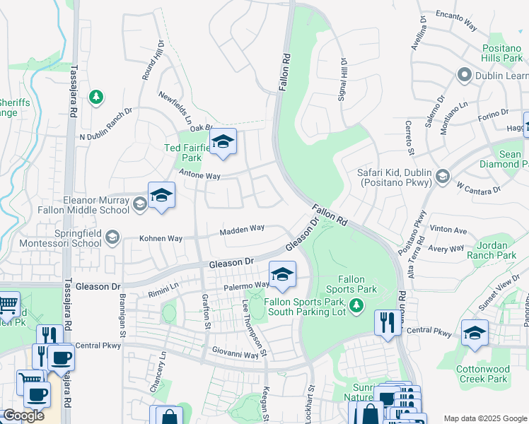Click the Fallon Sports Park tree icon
[357, 305]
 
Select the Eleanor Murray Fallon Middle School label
[96, 205]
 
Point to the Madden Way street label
[242, 229]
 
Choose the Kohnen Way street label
[161, 238]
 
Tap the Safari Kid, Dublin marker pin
[442, 176]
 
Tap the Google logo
[23, 415]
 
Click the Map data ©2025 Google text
[484, 418]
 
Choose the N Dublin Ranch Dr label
[106, 124]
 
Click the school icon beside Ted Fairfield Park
[223, 143]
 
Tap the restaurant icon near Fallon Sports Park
[385, 324]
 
